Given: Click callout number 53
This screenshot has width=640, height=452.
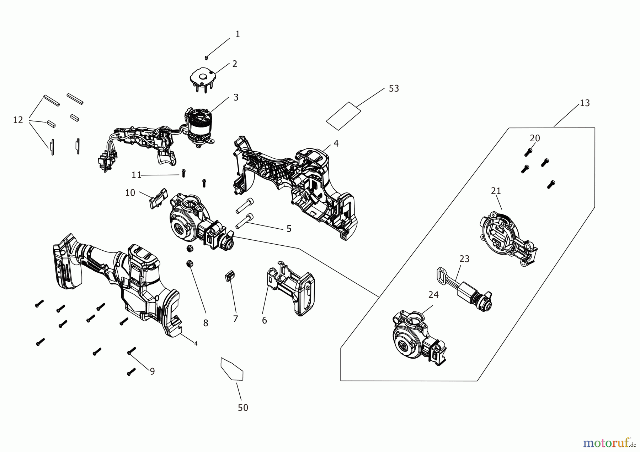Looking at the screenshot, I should coord(394,88).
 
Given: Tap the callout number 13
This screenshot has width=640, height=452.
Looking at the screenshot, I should coord(585,103).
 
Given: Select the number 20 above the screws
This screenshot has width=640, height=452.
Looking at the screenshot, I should coord(535,138).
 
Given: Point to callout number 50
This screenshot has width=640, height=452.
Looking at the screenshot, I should coord(243,408).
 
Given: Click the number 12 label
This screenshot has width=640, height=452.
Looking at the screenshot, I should coord(18,120).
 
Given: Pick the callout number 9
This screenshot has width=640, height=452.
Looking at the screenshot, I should coord(152,371).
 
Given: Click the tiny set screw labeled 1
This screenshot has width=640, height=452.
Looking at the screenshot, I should coord(206,57).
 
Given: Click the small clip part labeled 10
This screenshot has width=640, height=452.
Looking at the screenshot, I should coord(157,198).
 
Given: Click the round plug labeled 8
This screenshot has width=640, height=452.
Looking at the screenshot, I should coord(190,264).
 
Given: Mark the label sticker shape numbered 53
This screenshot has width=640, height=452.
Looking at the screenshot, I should coord(343,116).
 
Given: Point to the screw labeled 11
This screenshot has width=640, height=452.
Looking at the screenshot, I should coord(183,173).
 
